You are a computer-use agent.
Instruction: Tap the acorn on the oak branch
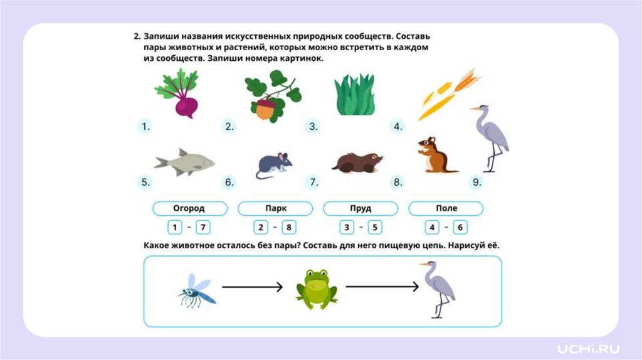point(265,110)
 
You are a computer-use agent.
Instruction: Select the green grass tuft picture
point(355,95)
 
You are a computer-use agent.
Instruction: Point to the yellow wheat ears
point(449,94)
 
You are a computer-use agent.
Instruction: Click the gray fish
point(184,162)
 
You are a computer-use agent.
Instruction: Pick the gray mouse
point(274,166)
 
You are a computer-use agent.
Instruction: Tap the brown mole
point(357,162)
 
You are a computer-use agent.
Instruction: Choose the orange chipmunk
point(436,156)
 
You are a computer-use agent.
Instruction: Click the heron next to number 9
point(490,138)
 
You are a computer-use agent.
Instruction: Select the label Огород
point(189,208)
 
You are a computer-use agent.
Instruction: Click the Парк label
point(275,208)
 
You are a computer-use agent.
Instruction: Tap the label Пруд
point(360,208)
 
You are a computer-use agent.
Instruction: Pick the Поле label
point(446,208)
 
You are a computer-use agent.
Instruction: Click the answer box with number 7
point(203,227)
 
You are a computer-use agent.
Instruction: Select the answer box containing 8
point(288,227)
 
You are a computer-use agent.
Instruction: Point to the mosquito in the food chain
point(196,290)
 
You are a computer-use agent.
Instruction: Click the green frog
point(317,289)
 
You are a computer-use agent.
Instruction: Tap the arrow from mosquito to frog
point(252,287)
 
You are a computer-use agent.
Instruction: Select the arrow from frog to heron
point(382,287)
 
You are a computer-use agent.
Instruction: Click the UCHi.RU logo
point(588,349)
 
